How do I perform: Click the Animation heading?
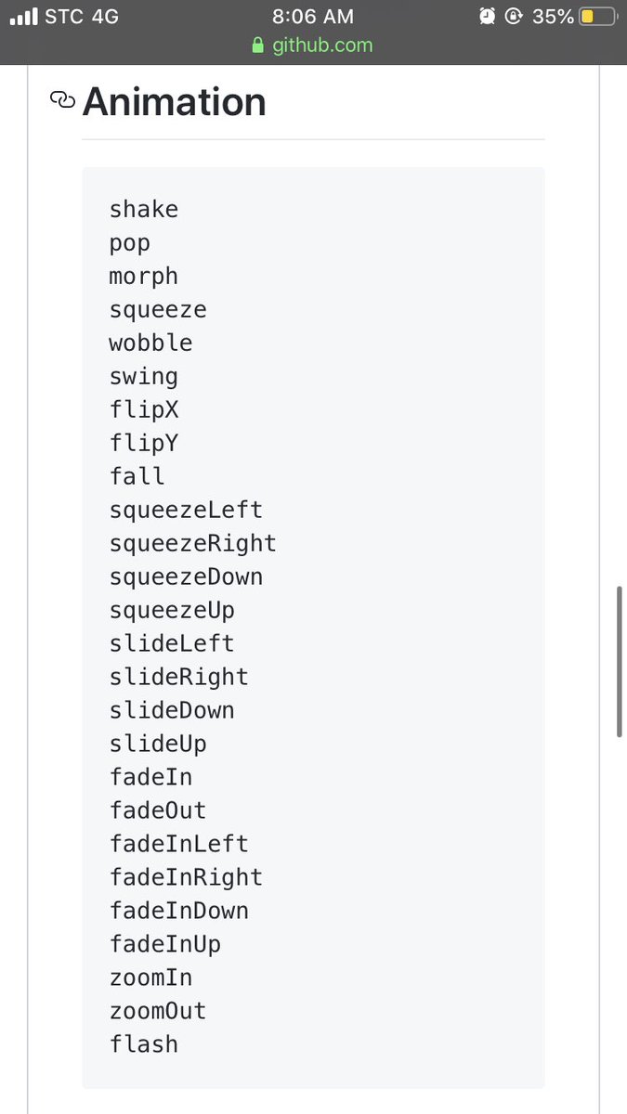pyautogui.click(x=174, y=102)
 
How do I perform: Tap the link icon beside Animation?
pyautogui.click(x=62, y=100)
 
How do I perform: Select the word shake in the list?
pyautogui.click(x=143, y=210)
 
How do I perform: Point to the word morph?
pyautogui.click(x=143, y=277)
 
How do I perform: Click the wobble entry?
pyautogui.click(x=150, y=343)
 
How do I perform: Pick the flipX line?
pyautogui.click(x=143, y=410)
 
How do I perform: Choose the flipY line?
pyautogui.click(x=143, y=444)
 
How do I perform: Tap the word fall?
pyautogui.click(x=137, y=477)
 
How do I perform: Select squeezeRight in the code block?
pyautogui.click(x=192, y=544)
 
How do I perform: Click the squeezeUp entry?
pyautogui.click(x=172, y=611)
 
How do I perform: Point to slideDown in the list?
pyautogui.click(x=172, y=711)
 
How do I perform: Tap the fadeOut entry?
pyautogui.click(x=158, y=811)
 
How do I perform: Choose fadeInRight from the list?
pyautogui.click(x=186, y=878)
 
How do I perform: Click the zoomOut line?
pyautogui.click(x=158, y=1012)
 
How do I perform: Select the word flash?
pyautogui.click(x=143, y=1044)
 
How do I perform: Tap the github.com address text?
pyautogui.click(x=322, y=45)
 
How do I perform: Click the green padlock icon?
pyautogui.click(x=258, y=45)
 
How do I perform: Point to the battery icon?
pyautogui.click(x=597, y=17)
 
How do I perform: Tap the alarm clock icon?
pyautogui.click(x=488, y=17)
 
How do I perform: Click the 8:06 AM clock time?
pyautogui.click(x=313, y=17)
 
